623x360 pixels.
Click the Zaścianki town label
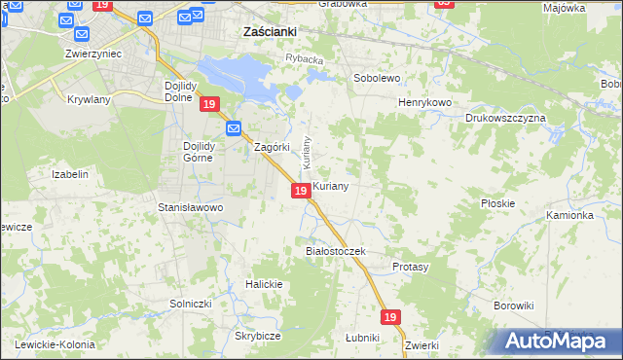(x=269, y=31)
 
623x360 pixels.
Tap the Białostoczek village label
(x=334, y=251)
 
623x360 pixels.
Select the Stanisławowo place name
(x=191, y=207)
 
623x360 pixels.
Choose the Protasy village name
(x=411, y=266)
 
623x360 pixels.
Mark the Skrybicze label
(x=257, y=336)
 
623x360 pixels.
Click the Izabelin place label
(x=70, y=174)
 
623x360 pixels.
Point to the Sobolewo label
(x=377, y=76)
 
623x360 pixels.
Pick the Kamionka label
(x=569, y=215)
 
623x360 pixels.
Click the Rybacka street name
(x=303, y=58)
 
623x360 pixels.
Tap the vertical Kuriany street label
(x=306, y=150)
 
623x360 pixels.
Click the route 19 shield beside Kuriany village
(x=301, y=191)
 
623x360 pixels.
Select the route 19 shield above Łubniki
(x=390, y=317)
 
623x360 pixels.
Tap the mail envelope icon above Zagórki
(x=234, y=128)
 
